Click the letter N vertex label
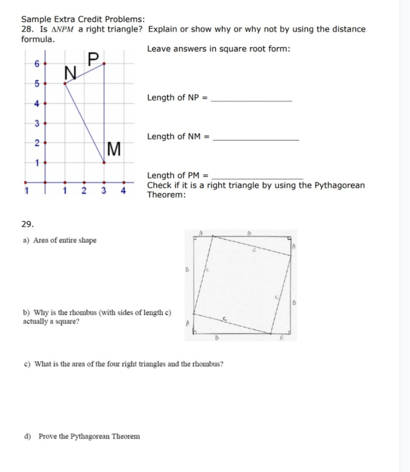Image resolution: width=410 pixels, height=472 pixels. pos(70,73)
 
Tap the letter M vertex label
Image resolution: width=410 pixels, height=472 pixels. pos(114,149)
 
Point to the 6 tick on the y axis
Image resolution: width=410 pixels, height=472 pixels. pos(37,64)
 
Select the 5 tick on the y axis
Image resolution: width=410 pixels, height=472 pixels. pos(37,84)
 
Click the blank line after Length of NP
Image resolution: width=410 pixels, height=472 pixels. pos(251,101)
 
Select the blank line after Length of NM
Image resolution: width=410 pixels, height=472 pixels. pos(257,140)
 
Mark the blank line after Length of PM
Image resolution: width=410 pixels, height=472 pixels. pos(256,179)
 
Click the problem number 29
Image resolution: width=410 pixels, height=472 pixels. pos(27,224)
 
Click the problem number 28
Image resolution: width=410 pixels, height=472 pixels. pos(27,29)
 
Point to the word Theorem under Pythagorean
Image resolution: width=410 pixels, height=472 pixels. pos(166,195)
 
